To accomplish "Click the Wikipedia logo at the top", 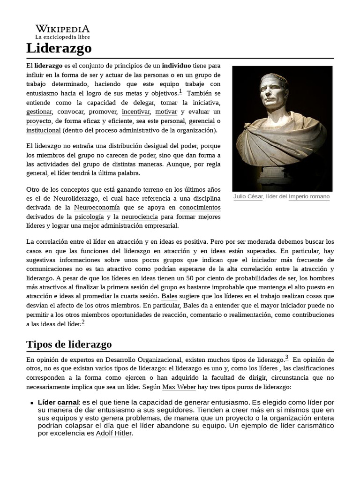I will (x=62, y=31).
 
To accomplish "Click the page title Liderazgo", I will (x=59, y=48).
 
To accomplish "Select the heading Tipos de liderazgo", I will (x=69, y=344).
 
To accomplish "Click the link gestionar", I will (x=39, y=112).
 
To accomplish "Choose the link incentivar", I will (x=136, y=112).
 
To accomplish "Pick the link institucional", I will (x=44, y=130).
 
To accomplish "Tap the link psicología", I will (x=89, y=217).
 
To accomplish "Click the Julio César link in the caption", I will (x=248, y=196).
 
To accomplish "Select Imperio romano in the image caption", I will (x=309, y=196).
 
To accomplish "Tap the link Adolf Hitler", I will (x=114, y=433).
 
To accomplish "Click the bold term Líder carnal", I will (x=59, y=402).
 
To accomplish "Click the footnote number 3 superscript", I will (x=287, y=357).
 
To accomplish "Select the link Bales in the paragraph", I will (x=169, y=296).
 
